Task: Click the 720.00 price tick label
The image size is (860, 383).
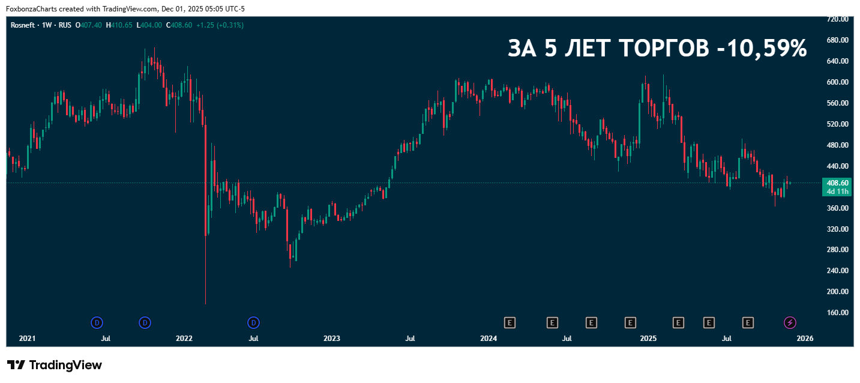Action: [837, 19]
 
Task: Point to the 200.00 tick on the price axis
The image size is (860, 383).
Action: [837, 292]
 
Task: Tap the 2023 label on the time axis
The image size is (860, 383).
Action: [332, 339]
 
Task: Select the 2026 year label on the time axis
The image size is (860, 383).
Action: [805, 339]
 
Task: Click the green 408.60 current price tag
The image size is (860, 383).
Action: [837, 182]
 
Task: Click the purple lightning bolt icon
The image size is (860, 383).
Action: [790, 323]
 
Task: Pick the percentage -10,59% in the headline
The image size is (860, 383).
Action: [762, 49]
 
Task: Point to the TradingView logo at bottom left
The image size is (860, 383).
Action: [55, 365]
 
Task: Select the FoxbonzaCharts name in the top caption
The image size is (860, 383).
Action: [31, 9]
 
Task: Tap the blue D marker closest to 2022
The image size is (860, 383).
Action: [145, 323]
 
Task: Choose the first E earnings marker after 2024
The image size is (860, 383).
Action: [510, 323]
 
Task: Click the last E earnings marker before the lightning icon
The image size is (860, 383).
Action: [748, 323]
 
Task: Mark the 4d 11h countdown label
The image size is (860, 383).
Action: [837, 191]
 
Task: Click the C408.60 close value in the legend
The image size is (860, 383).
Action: [180, 25]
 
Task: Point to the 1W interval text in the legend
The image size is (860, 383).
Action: [46, 25]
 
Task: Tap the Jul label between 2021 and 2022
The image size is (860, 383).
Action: [106, 339]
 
